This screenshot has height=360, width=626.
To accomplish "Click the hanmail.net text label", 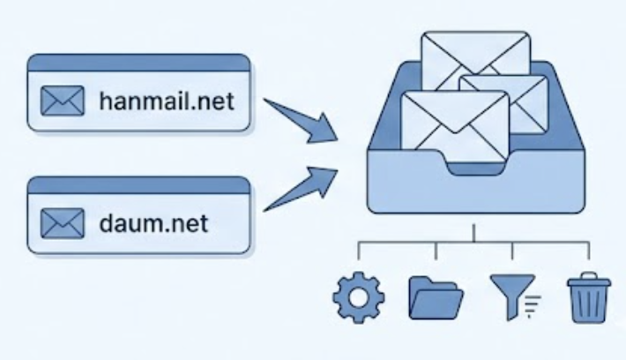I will coord(167,100).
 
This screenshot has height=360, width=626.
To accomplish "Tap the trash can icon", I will coord(586,299).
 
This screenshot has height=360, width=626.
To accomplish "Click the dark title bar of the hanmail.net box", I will coord(138,63).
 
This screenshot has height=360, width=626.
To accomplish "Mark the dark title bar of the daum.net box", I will coord(138,184).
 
